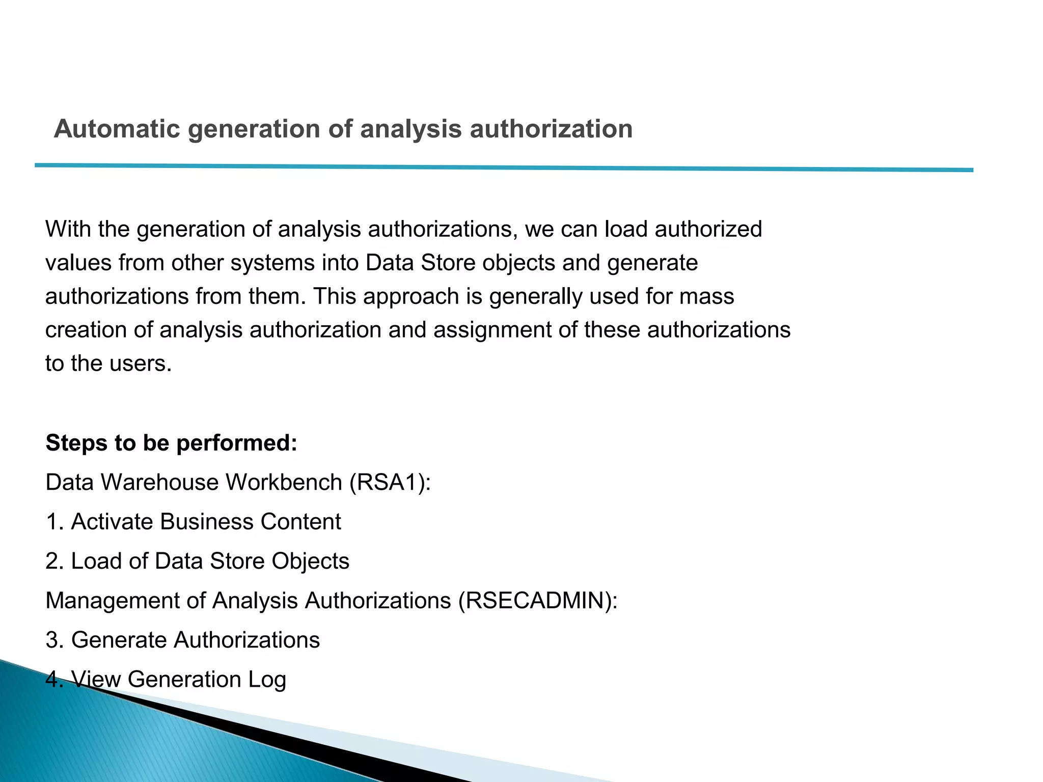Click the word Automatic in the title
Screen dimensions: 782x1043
[117, 129]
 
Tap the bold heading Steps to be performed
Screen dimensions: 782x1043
[171, 443]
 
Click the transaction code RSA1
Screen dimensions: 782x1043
[390, 482]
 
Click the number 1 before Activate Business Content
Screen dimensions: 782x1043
[52, 522]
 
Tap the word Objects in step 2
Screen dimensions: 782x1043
[310, 561]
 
